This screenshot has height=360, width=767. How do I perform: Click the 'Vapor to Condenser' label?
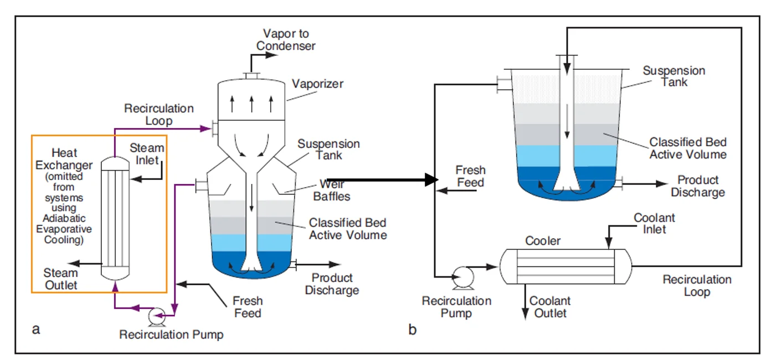click(x=286, y=40)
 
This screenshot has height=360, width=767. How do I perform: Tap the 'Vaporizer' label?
click(x=317, y=84)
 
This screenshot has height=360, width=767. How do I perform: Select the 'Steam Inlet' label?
click(x=147, y=154)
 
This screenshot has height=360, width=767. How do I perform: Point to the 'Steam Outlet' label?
click(x=61, y=279)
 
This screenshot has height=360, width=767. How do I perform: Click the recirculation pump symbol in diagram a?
click(x=155, y=317)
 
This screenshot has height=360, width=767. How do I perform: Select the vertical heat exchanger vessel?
click(x=115, y=220)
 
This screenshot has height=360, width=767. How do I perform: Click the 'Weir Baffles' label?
click(x=332, y=190)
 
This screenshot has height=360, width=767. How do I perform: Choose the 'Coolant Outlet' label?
click(x=550, y=307)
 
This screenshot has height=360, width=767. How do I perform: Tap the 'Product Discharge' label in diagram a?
click(x=332, y=284)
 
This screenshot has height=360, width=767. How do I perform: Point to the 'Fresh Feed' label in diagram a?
click(x=248, y=307)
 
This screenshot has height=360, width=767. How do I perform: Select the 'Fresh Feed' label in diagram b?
click(x=470, y=176)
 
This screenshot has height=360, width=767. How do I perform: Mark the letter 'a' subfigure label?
click(x=37, y=330)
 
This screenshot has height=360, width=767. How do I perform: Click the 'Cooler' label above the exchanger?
click(x=543, y=241)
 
